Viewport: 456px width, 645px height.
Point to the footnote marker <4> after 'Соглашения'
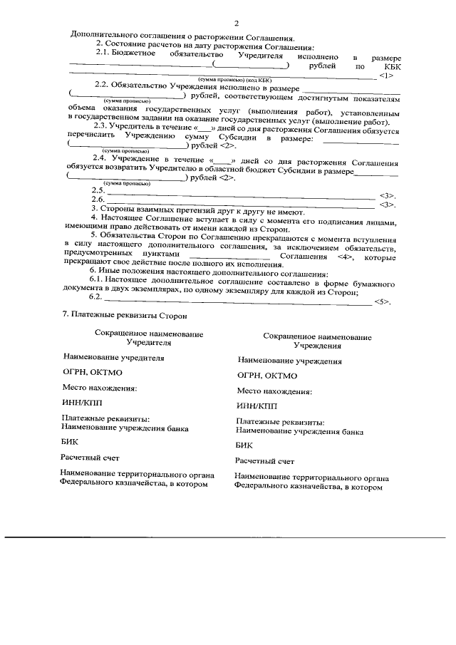coord(343,255)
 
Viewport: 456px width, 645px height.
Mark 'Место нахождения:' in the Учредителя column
coord(99,388)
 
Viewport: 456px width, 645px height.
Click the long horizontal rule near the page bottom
coord(228,535)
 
